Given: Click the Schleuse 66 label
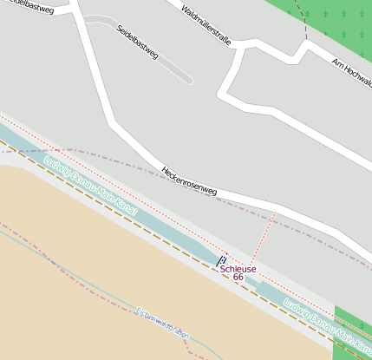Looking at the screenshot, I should click(x=238, y=273).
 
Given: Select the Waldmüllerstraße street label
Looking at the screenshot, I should click(x=206, y=25).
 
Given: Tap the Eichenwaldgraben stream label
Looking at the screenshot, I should click(x=162, y=323).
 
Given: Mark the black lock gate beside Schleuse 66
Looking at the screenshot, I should click(x=219, y=259).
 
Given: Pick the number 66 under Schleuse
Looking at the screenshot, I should click(x=238, y=278).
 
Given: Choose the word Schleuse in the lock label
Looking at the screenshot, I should click(x=238, y=269).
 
